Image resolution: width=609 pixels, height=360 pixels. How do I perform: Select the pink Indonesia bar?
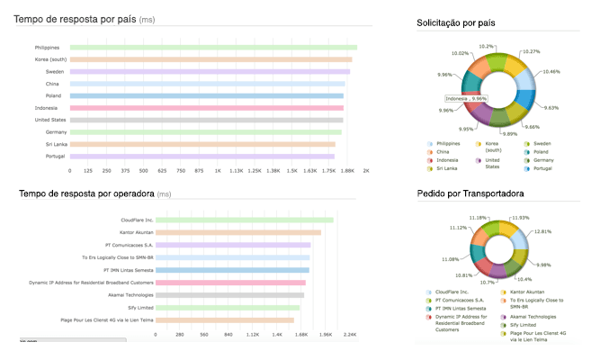tap(207, 107)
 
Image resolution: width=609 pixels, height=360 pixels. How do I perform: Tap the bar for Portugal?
tap(202, 156)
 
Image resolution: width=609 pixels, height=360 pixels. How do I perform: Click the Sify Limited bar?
tap(224, 307)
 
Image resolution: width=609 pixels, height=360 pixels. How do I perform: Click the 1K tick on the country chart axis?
tap(218, 169)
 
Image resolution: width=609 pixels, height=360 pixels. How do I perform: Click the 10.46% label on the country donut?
tap(552, 71)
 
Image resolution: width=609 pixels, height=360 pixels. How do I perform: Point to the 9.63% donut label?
tap(552, 107)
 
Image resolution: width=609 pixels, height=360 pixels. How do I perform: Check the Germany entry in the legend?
tap(542, 159)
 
